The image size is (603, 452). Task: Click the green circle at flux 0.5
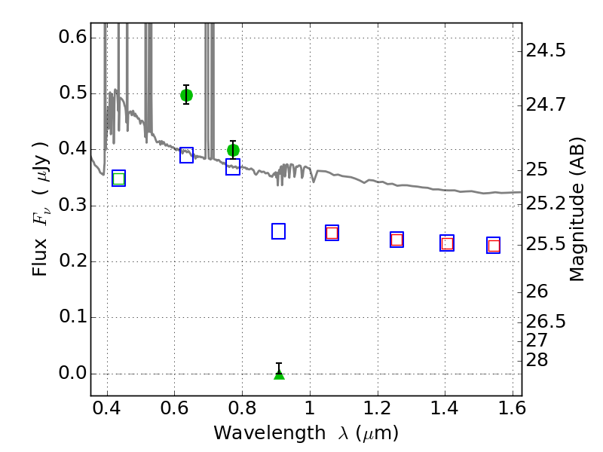(186, 95)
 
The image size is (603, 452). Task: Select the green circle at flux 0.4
(233, 150)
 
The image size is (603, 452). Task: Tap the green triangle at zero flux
(279, 374)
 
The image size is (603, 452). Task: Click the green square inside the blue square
(119, 179)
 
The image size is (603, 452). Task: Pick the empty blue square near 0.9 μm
(278, 231)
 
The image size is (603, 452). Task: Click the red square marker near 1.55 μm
(494, 246)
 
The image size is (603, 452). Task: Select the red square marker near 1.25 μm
(397, 240)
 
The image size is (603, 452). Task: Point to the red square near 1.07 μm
(332, 233)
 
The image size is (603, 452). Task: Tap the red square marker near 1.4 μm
(447, 243)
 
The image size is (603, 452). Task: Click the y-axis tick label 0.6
(72, 37)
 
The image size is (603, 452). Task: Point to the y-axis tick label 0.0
(72, 373)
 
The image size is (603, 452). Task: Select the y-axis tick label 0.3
(72, 205)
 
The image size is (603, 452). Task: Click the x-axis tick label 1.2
(378, 408)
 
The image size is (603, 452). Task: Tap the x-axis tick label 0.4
(107, 408)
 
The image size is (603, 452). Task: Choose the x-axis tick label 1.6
(512, 408)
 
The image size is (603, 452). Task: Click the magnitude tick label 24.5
(546, 50)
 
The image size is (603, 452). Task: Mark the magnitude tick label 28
(537, 360)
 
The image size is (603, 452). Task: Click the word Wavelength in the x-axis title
(270, 433)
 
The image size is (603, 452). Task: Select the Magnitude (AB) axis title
(577, 209)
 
